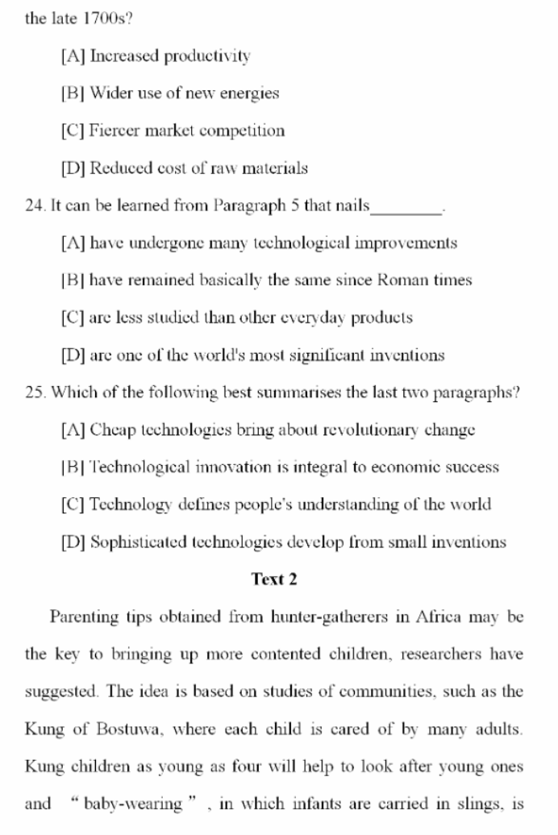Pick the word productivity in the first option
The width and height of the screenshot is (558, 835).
pos(206,56)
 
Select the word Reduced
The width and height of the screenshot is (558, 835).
pos(119,168)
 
